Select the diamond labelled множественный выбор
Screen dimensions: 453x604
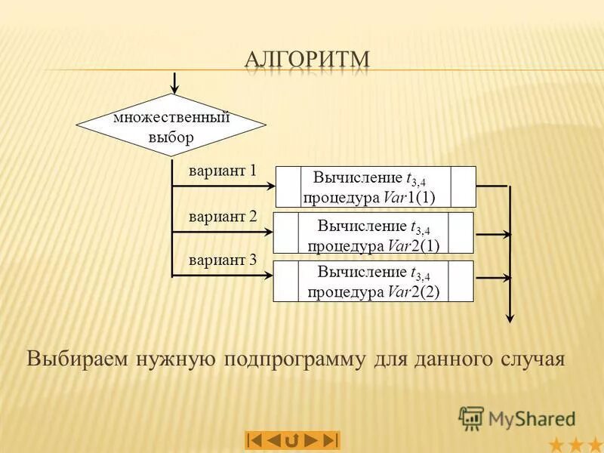tap(172, 126)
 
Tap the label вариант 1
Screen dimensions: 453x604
tap(222, 171)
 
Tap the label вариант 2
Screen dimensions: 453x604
tap(222, 217)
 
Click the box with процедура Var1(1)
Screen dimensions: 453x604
tap(375, 187)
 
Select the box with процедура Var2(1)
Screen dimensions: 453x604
tap(372, 233)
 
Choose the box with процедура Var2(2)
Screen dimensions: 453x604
tap(372, 282)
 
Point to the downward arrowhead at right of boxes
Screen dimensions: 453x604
tap(511, 317)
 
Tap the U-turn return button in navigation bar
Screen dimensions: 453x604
tap(292, 439)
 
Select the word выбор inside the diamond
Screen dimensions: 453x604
tap(171, 137)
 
